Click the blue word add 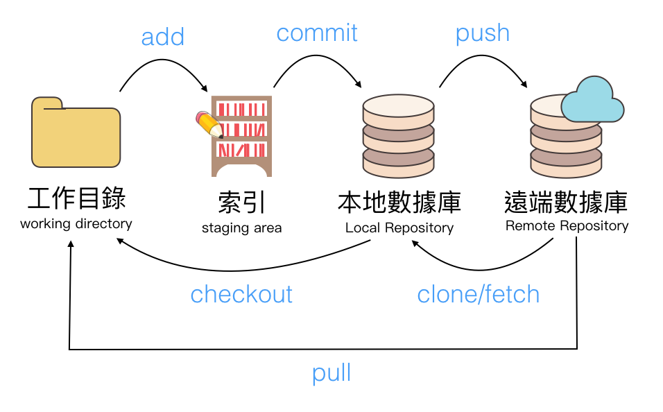coord(162,37)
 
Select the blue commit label coord(317,33)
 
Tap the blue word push coord(482,33)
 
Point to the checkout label coord(241,294)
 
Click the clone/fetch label coord(478,294)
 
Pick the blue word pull coord(331,373)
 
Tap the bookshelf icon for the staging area coord(242,136)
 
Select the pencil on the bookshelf coord(209,124)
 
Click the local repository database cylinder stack coord(398,137)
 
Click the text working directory coord(76,224)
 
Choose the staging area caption coord(241,228)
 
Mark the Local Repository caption coord(399,228)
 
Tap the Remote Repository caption coord(567,225)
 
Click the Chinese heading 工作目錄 coord(76,198)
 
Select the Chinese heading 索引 coord(241,203)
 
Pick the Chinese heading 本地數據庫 coord(399,203)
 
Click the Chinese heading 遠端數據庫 coord(566,202)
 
